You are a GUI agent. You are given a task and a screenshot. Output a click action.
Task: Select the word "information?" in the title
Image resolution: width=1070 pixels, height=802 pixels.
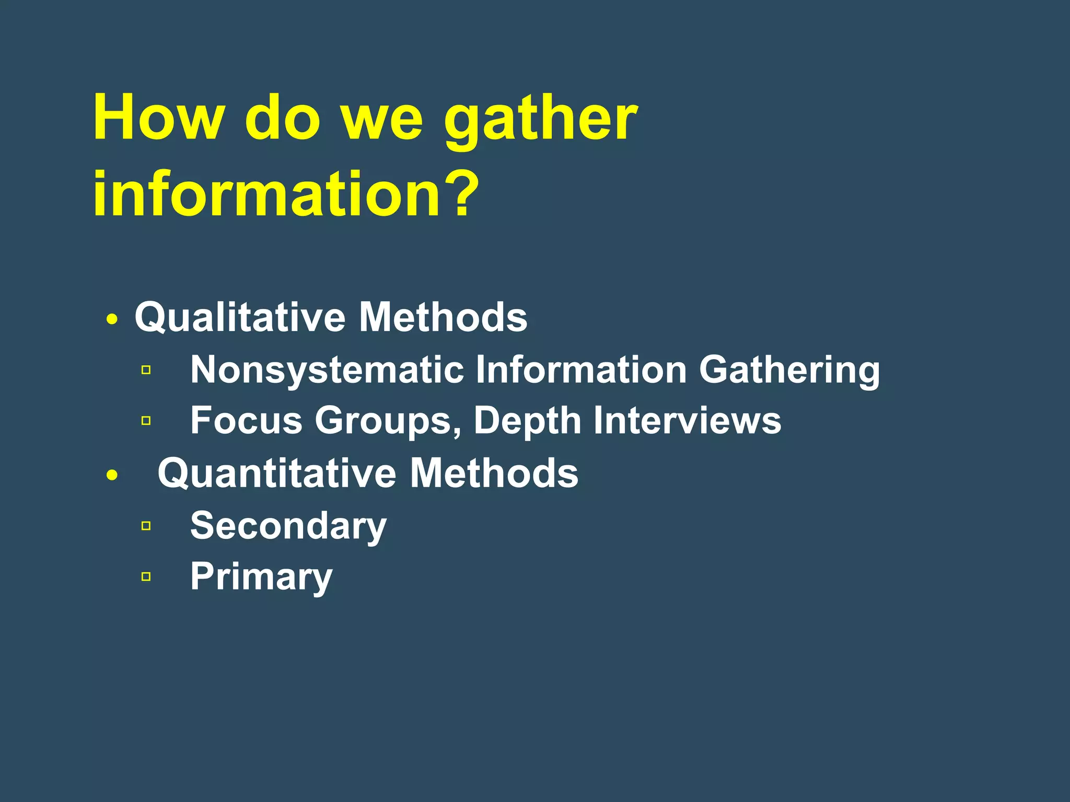[285, 194]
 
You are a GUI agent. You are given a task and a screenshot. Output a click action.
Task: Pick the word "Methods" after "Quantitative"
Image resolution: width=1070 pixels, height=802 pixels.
[494, 473]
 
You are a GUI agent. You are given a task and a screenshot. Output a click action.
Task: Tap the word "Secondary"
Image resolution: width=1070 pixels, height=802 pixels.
[288, 526]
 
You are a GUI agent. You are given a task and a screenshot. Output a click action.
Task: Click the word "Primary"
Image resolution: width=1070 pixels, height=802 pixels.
[261, 577]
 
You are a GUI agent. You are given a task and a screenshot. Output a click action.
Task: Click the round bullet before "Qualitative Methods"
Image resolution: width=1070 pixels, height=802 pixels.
[112, 319]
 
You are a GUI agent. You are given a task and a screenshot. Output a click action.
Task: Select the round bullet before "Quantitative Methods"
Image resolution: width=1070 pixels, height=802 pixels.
[112, 475]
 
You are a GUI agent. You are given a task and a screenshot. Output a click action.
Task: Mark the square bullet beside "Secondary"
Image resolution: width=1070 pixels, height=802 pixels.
[146, 526]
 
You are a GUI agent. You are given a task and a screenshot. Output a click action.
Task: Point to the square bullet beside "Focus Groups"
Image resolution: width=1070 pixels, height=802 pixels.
[146, 420]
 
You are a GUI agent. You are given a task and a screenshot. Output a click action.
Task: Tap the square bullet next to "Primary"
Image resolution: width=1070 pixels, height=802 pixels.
[146, 576]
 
